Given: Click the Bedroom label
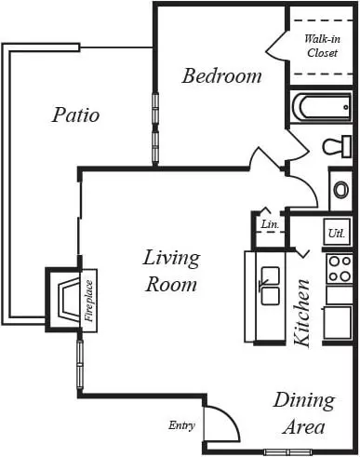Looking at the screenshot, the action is point(221,75).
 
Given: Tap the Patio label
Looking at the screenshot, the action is point(75,114).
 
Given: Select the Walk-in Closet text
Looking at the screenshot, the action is point(322,46).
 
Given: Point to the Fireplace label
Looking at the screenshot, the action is point(89,301).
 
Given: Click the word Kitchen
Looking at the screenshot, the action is point(301,313).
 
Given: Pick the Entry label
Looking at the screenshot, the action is point(182,425).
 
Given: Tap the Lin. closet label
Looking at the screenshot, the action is point(270,224).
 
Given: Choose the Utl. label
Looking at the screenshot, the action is point(337,233).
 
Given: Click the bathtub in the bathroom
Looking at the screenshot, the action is point(321,107).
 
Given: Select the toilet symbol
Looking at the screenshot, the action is point(337,146).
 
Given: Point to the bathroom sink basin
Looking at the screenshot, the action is point(340,190).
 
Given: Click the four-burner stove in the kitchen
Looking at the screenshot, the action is point(340,268).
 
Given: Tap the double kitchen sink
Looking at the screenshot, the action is point(270,285).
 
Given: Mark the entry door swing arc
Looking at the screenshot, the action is point(230,415).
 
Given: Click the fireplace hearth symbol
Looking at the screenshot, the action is point(69,300).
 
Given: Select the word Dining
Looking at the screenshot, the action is point(304,401).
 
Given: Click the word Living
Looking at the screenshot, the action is point(171,258).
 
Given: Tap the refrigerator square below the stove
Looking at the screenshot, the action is point(338,323).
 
